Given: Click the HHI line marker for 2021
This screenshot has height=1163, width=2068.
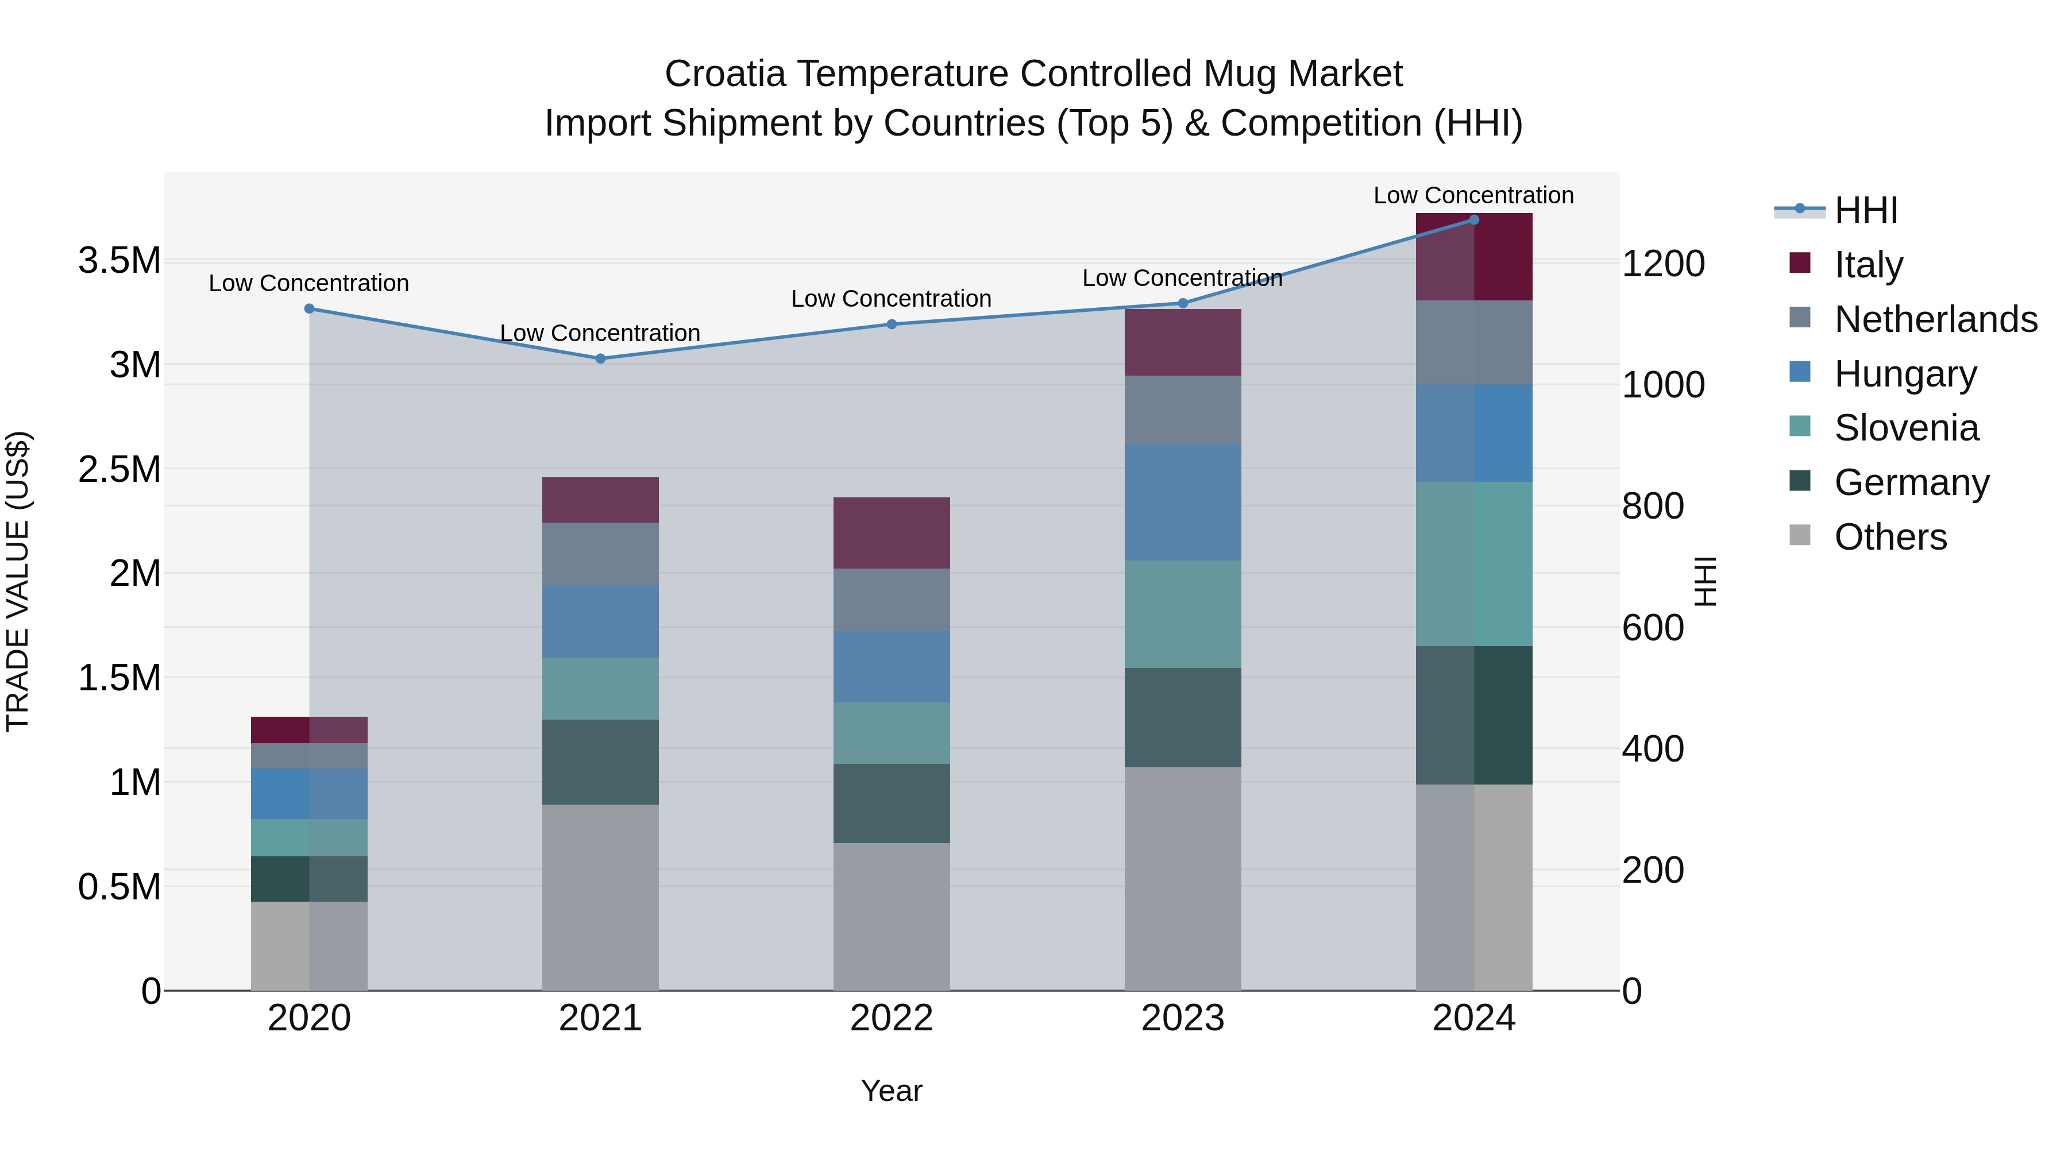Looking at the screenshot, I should point(600,359).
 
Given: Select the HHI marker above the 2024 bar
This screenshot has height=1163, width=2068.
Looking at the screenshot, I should point(1474,220).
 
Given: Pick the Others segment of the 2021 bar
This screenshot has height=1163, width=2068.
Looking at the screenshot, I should point(600,897).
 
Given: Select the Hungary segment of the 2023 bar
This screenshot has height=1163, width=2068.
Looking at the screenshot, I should point(1183,503).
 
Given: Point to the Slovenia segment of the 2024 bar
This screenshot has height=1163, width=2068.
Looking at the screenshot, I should point(1474,563).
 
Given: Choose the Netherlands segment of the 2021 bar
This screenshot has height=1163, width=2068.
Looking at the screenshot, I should point(600,554).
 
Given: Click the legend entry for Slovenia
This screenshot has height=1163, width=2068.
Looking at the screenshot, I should point(1906,428).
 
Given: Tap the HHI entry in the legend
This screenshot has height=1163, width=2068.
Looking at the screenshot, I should point(1866,210).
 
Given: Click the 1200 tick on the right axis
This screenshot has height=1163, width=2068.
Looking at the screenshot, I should point(1664,264).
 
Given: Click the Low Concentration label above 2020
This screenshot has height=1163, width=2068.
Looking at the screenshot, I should point(309,283).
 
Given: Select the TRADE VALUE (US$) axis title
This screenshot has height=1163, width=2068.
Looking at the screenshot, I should point(18,581).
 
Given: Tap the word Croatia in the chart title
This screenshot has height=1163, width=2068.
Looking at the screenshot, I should point(725,74).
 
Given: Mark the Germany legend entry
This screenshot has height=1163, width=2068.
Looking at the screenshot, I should point(1911,482).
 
